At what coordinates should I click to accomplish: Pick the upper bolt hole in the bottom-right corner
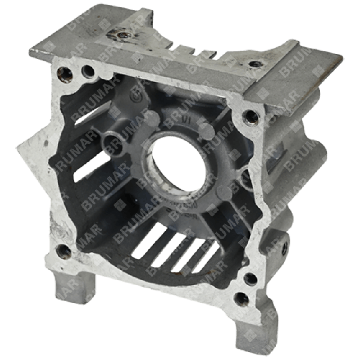(248, 277)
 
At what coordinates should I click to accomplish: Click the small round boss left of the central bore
(112, 141)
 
